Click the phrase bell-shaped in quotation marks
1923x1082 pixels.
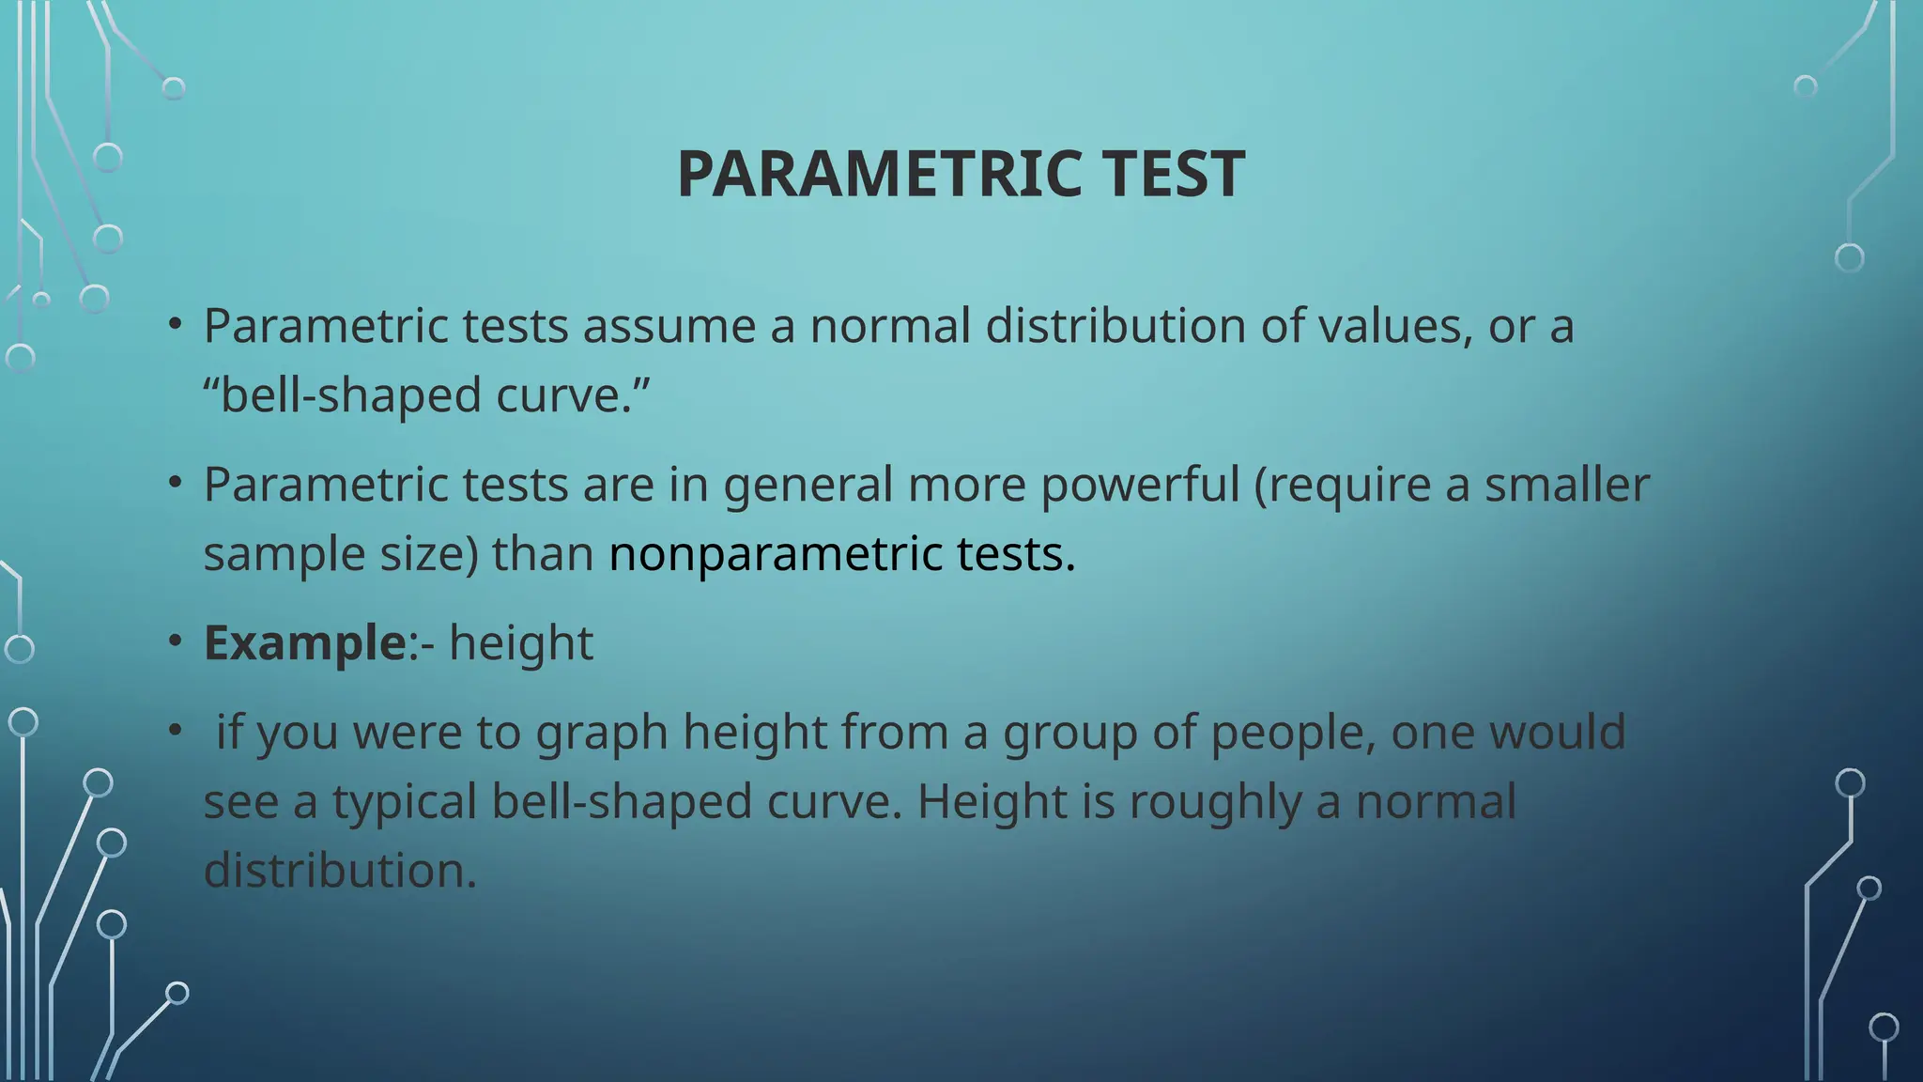[x=351, y=394]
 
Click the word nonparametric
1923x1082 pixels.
[x=776, y=553]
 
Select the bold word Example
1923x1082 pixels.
[x=304, y=643]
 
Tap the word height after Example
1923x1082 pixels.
[x=521, y=643]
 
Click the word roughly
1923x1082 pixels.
[x=1214, y=802]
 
